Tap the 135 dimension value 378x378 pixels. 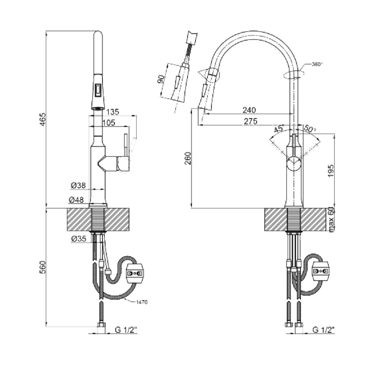pyautogui.click(x=113, y=112)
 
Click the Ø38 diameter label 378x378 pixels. pyautogui.click(x=78, y=185)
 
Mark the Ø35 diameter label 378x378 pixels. pyautogui.click(x=78, y=239)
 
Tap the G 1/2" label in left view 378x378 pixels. pyautogui.click(x=126, y=330)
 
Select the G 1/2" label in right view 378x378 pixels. pyautogui.click(x=324, y=330)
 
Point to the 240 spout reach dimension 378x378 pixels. pyautogui.click(x=249, y=110)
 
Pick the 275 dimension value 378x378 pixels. pyautogui.click(x=250, y=121)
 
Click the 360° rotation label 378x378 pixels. pyautogui.click(x=316, y=64)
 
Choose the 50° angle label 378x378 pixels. pyautogui.click(x=310, y=129)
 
